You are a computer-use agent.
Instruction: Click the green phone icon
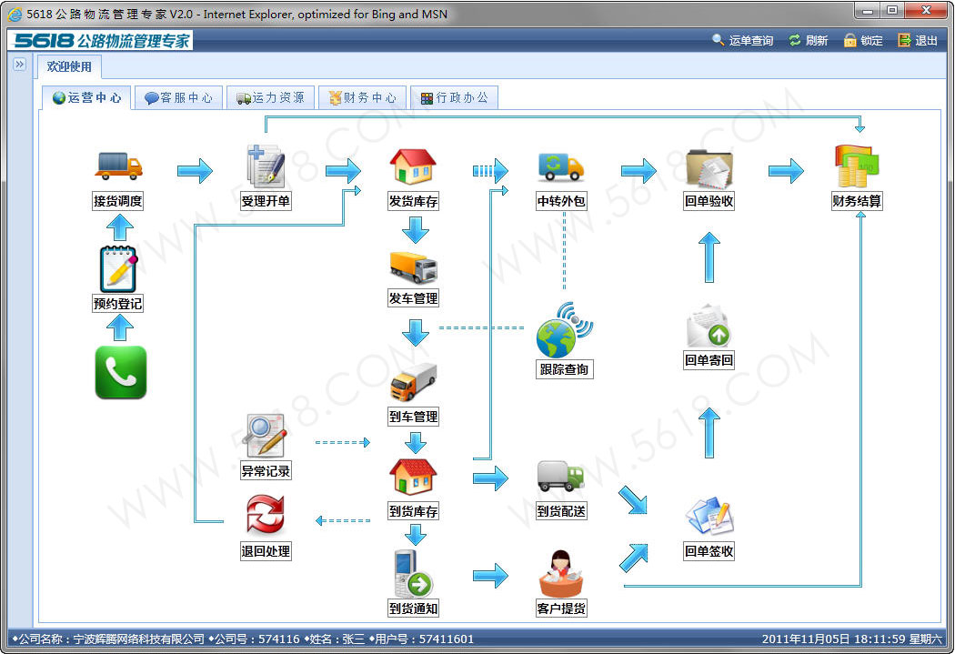[121, 372]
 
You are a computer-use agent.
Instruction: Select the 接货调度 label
[117, 201]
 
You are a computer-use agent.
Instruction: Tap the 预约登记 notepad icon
[118, 268]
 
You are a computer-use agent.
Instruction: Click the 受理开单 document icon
[266, 166]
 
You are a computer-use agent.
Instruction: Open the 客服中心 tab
[178, 97]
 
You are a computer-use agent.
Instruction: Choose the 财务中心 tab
[362, 97]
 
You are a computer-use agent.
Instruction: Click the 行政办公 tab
[455, 97]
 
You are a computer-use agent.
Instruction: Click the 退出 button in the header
[917, 40]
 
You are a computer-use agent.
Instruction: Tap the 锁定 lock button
[863, 40]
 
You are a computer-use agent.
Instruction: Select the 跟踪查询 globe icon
[564, 330]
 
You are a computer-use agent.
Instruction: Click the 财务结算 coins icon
[857, 166]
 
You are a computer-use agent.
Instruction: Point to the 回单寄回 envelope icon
[708, 326]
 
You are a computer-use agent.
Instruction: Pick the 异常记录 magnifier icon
[265, 435]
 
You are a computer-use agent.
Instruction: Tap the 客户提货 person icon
[561, 573]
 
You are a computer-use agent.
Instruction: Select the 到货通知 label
[414, 609]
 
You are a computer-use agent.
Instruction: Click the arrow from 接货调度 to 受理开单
[195, 171]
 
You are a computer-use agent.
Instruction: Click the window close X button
[926, 10]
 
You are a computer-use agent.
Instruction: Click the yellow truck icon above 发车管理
[414, 267]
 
